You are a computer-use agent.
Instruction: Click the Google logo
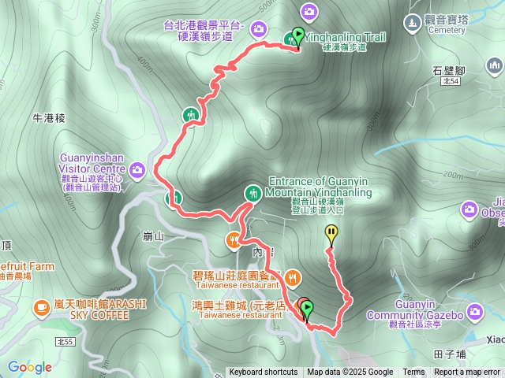[x=30, y=367]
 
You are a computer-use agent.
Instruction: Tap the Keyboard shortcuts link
[x=264, y=372]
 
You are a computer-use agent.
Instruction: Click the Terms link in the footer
[x=413, y=372]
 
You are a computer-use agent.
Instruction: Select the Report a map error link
[x=467, y=372]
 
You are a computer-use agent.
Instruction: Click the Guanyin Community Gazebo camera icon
[x=474, y=313]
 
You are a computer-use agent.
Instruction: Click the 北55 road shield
[x=65, y=341]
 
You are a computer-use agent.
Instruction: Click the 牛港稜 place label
[x=48, y=117]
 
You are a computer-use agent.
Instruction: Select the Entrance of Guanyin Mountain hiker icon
[x=252, y=192]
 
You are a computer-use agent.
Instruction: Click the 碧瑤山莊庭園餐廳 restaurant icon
[x=293, y=276]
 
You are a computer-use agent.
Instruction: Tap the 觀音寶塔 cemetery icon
[x=413, y=21]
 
